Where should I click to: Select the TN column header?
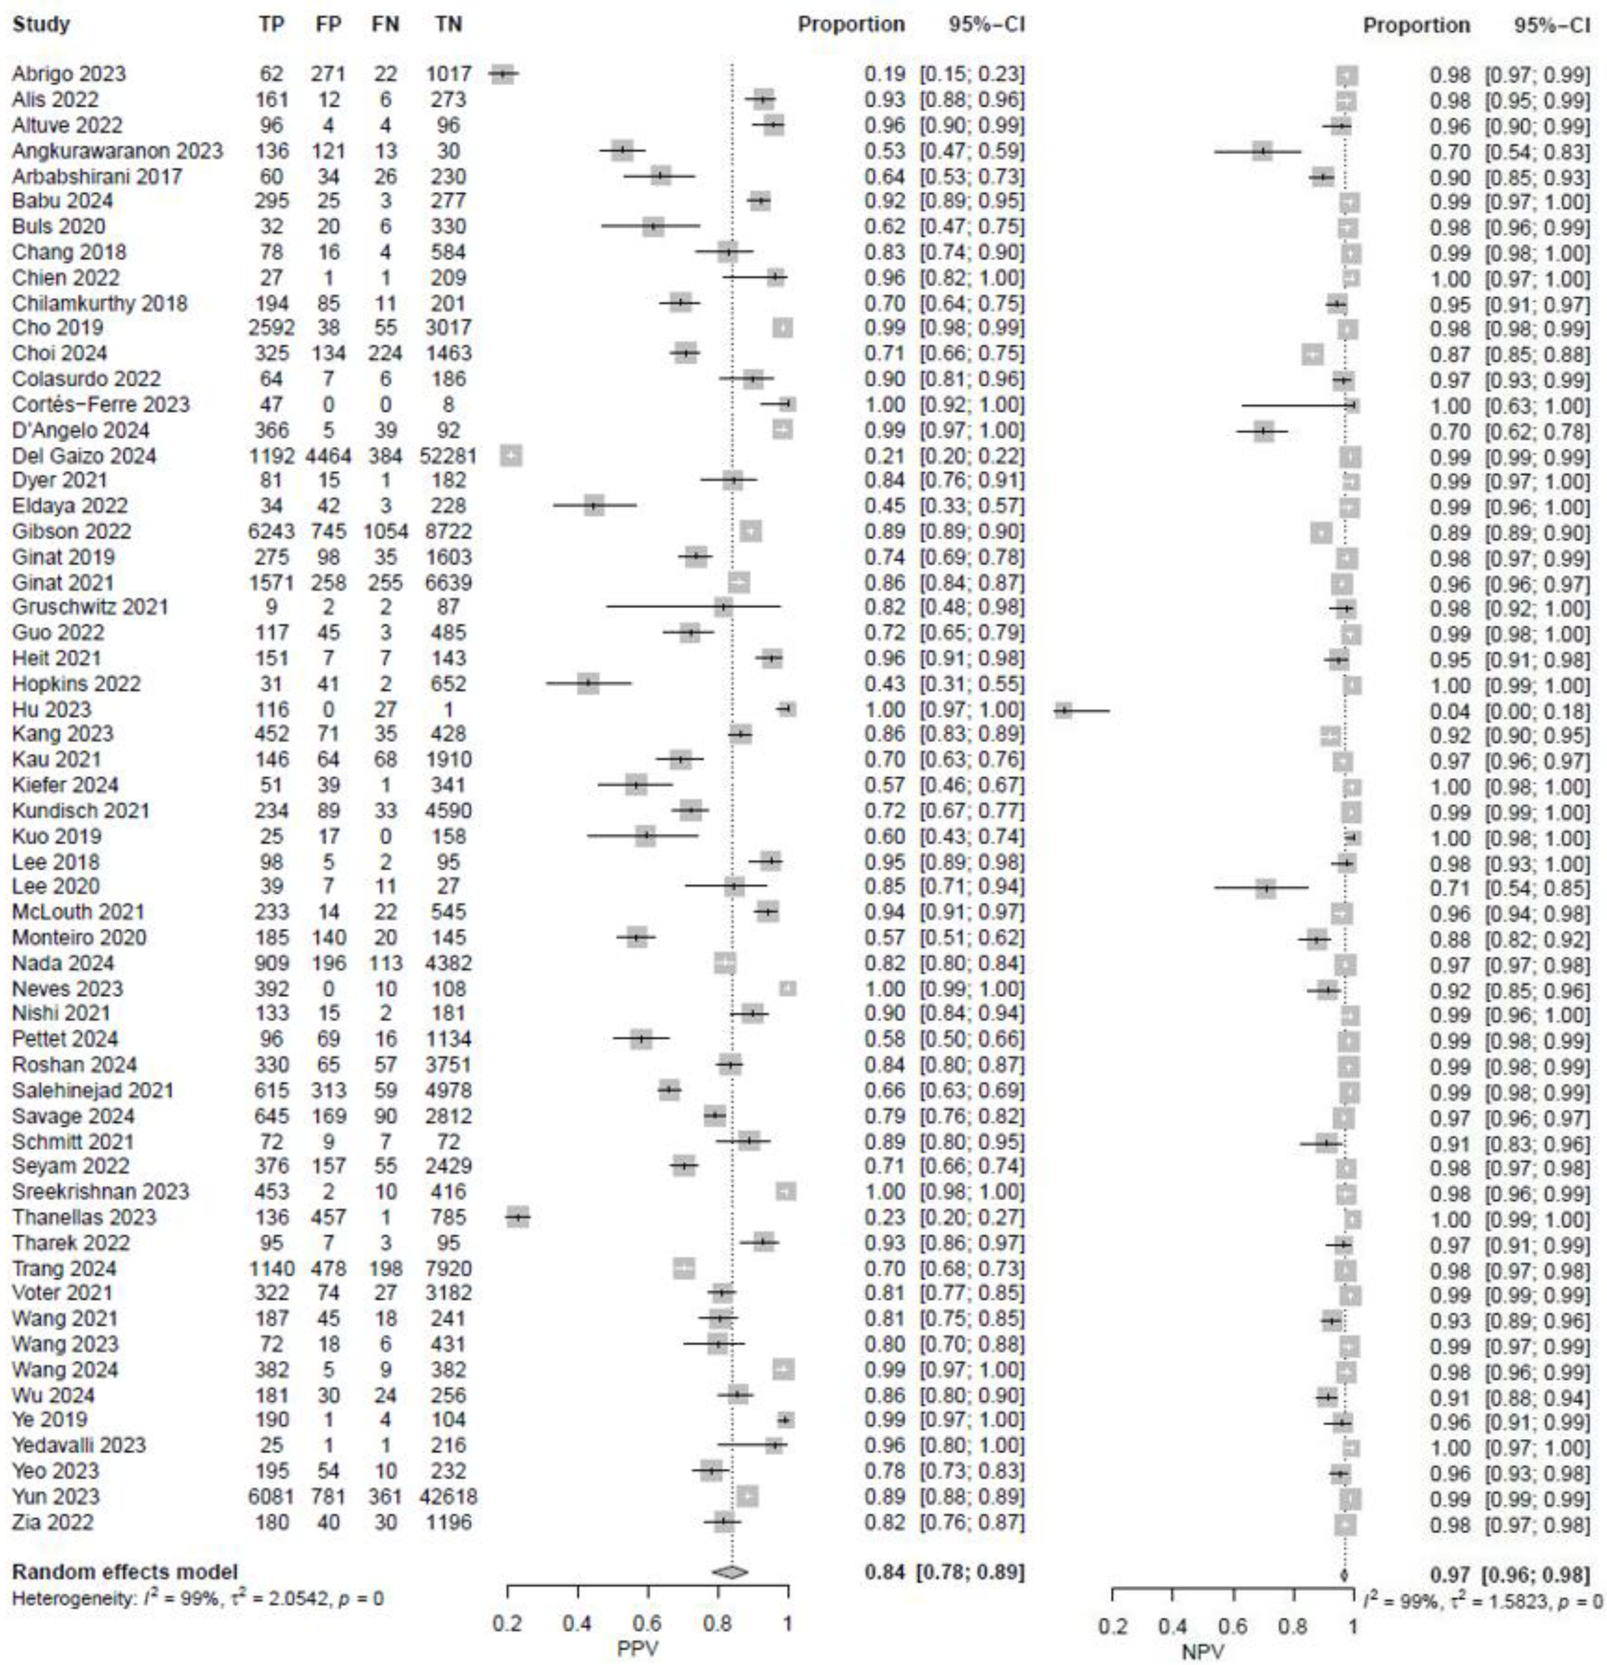(x=448, y=25)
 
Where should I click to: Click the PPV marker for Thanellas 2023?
(x=517, y=1217)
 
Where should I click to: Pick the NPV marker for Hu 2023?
(x=1063, y=709)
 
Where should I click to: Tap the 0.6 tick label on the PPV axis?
(x=648, y=1623)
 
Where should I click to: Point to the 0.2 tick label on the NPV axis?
(x=1112, y=1627)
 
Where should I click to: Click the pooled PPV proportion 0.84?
(x=884, y=1572)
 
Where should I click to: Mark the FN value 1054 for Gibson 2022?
(x=385, y=532)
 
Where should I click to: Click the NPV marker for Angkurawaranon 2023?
(x=1263, y=151)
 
